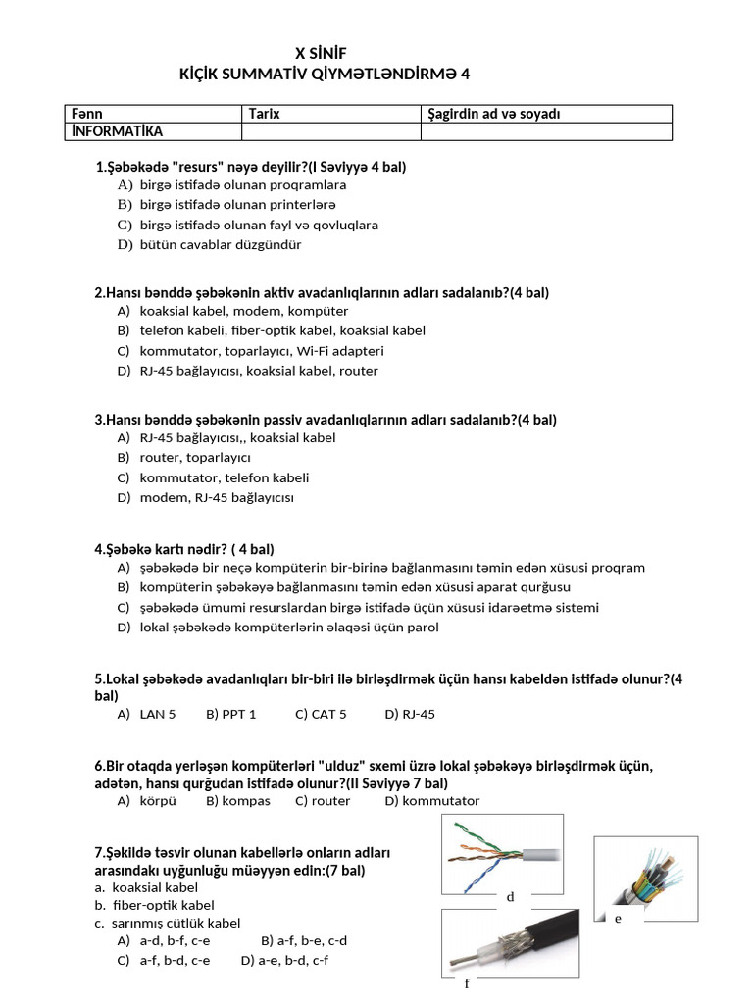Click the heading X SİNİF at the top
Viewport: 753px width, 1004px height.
point(321,53)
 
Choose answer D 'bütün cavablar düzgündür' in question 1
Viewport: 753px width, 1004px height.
point(206,244)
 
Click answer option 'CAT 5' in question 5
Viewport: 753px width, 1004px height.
point(328,714)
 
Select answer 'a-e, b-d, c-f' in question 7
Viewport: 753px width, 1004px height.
point(291,960)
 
